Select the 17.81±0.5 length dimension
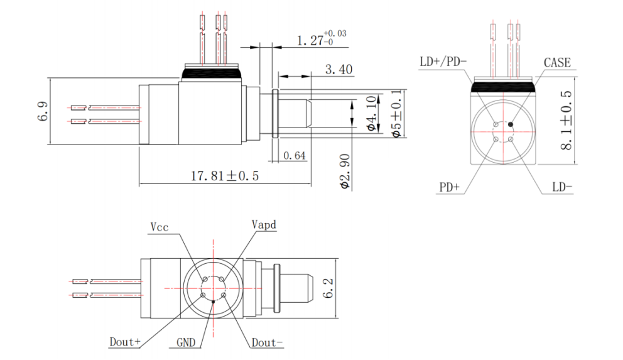point(225,177)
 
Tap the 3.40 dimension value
point(339,69)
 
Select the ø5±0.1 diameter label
point(397,114)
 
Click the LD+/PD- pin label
point(443,62)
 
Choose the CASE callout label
point(557,62)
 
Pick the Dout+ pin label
point(125,342)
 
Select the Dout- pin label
point(267,342)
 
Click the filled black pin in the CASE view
point(511,124)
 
